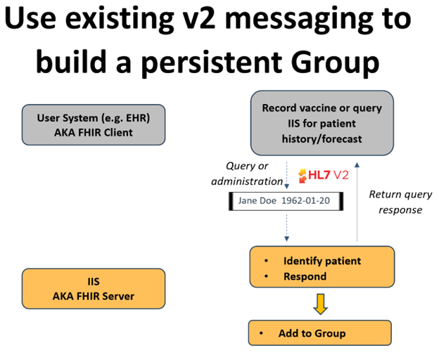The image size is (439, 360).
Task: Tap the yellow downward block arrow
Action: coord(320,303)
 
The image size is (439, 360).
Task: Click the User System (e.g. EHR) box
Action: coord(93,125)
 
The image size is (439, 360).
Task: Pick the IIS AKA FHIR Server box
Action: coord(93,288)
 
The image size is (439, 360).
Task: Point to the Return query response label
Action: coord(395,202)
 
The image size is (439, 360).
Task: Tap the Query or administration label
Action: coord(253,174)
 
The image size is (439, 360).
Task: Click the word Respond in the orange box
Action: coord(305,276)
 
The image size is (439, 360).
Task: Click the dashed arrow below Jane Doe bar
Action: coord(286,229)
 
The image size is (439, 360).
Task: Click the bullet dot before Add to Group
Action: coord(262,333)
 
